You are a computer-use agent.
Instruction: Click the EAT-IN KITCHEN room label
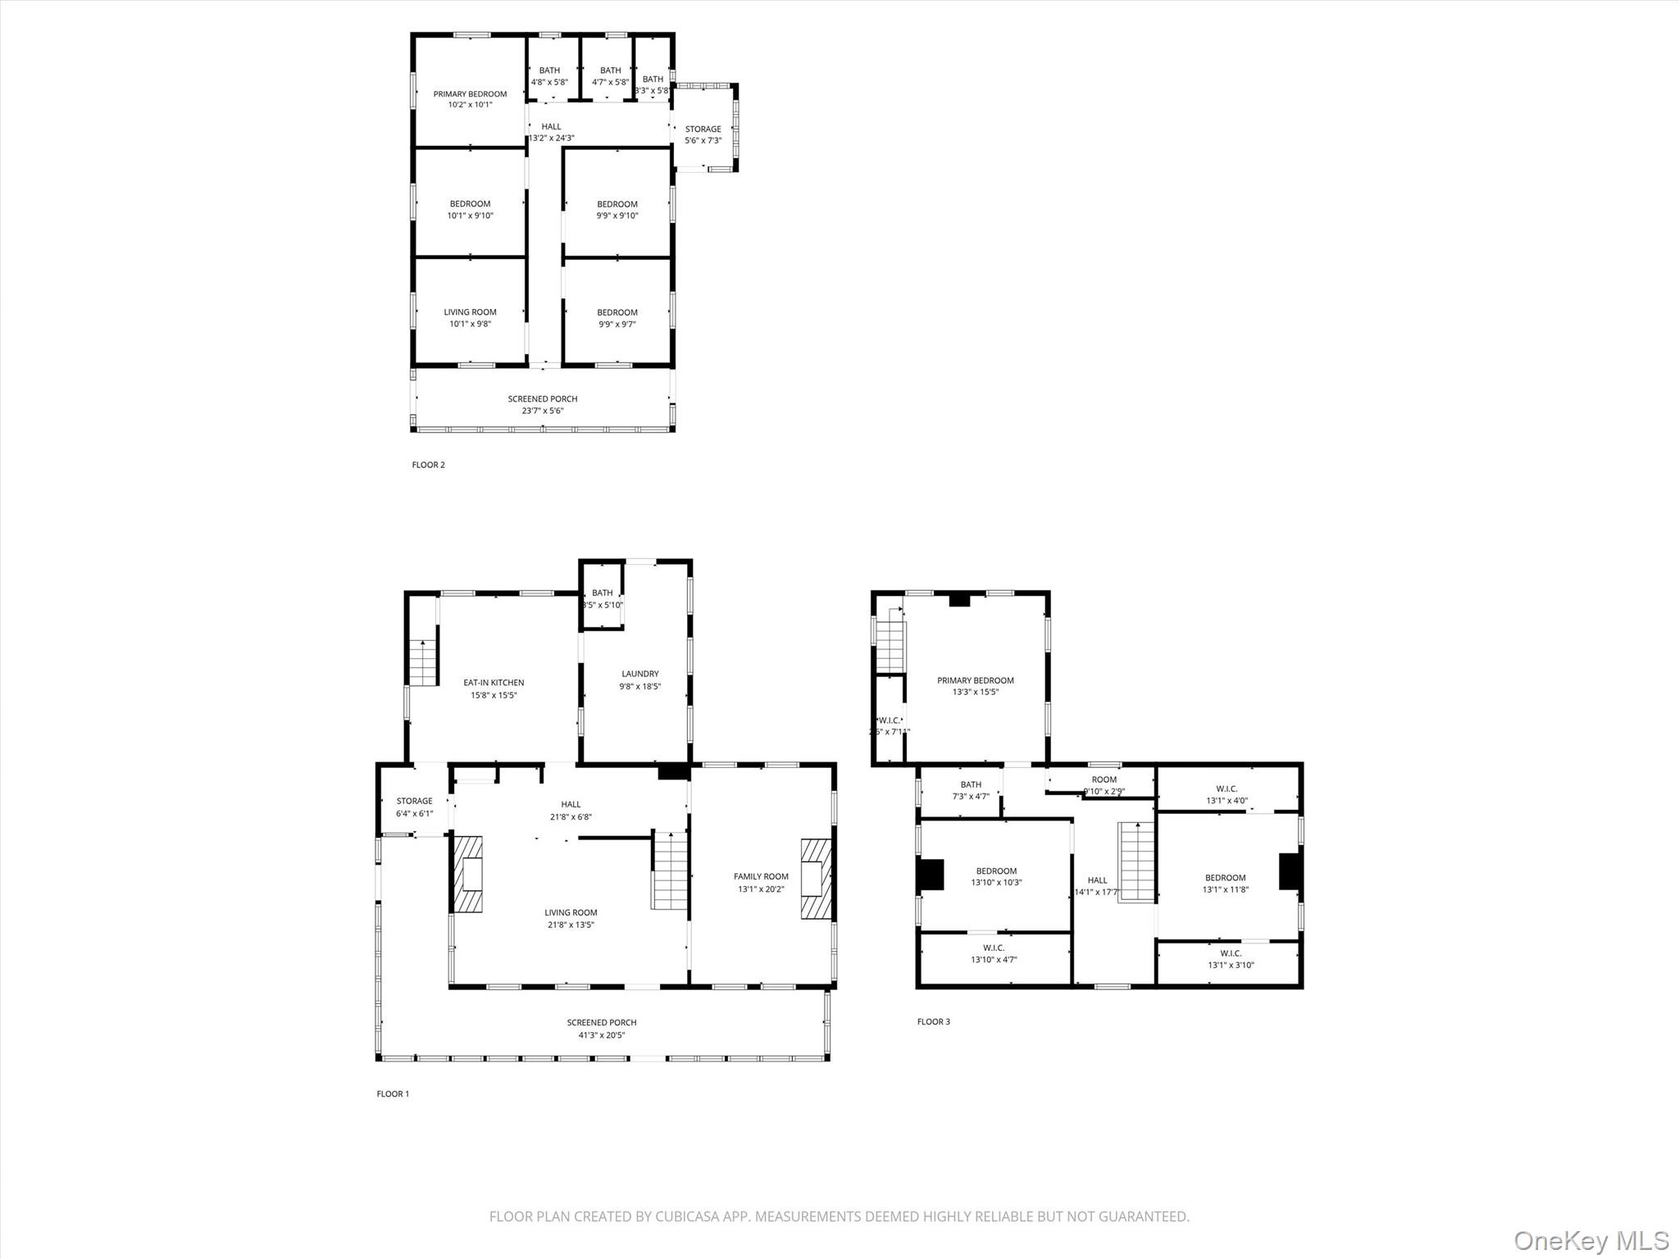(x=494, y=683)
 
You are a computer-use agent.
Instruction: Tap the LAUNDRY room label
(x=639, y=674)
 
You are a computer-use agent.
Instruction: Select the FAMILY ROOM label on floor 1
(x=761, y=876)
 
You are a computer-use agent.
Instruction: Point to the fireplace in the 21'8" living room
(x=468, y=874)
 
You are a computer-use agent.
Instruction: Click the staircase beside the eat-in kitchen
(x=422, y=663)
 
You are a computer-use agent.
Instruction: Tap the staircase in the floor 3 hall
(x=1137, y=862)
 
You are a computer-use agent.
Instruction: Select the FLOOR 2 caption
(x=428, y=465)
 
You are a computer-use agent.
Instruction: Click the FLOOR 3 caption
(x=933, y=1021)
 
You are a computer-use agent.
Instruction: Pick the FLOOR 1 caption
(x=393, y=1093)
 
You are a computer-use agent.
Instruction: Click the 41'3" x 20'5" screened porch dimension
(x=602, y=1035)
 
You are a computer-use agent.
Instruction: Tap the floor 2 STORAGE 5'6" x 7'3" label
(x=703, y=134)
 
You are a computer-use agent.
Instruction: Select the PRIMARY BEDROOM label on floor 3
(x=976, y=680)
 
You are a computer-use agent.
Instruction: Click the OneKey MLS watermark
(x=1590, y=1239)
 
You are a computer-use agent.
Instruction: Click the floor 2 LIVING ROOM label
(x=470, y=312)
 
